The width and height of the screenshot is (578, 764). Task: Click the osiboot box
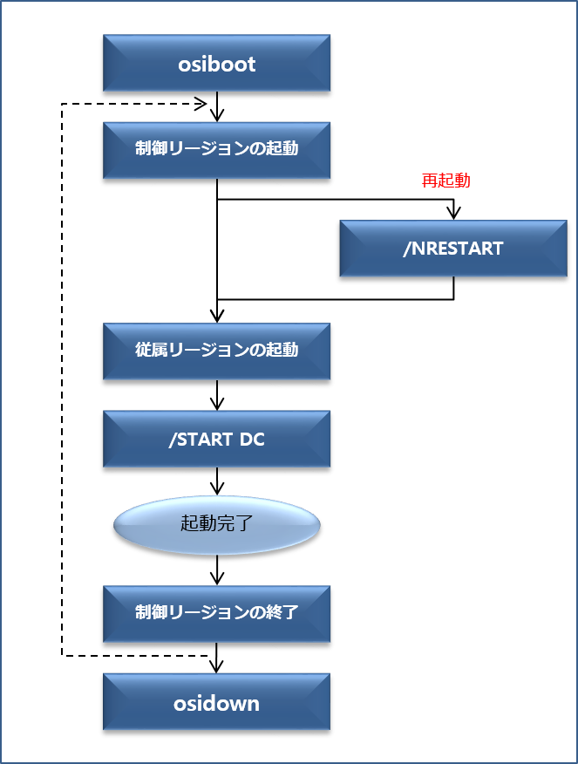tap(216, 64)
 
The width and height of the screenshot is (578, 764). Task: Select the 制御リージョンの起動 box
tap(216, 149)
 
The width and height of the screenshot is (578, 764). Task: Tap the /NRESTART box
tap(452, 249)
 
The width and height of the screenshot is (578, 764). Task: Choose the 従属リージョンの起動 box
tap(216, 350)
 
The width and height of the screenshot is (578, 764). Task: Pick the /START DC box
tap(216, 439)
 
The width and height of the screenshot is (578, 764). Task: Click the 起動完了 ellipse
tap(217, 524)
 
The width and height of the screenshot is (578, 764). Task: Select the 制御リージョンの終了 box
tap(216, 611)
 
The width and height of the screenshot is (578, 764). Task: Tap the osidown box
tap(216, 702)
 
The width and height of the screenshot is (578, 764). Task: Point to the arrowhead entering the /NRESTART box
tap(453, 213)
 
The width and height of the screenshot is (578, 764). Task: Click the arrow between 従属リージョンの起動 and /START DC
tap(217, 395)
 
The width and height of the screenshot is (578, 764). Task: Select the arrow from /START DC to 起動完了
tap(217, 481)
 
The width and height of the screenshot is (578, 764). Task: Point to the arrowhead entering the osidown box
tap(217, 665)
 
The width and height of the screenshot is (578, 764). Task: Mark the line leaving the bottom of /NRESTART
tap(453, 289)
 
